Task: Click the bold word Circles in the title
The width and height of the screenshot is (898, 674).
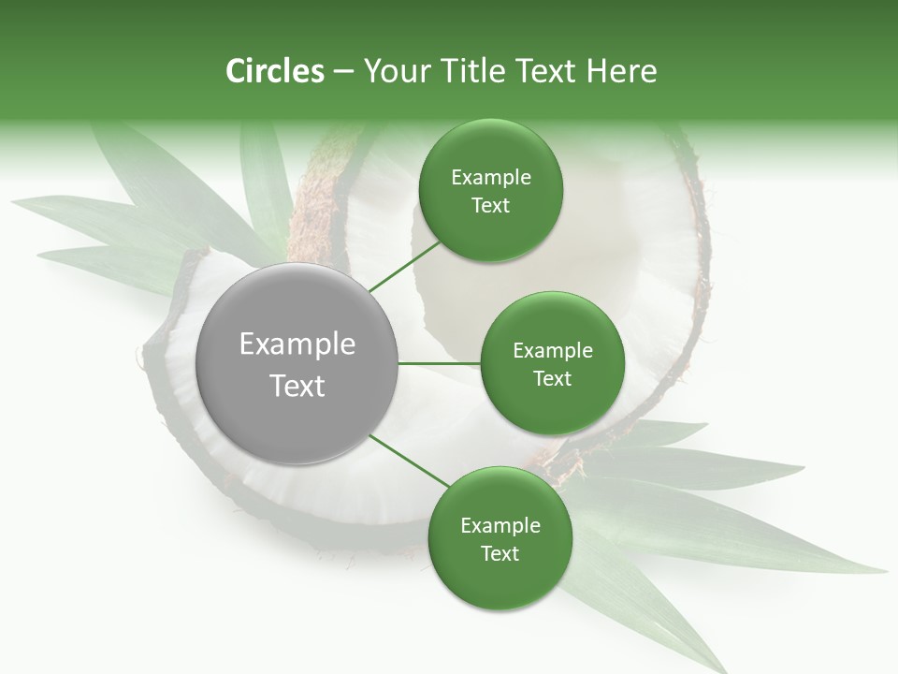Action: click(274, 71)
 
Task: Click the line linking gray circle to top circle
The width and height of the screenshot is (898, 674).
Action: click(404, 266)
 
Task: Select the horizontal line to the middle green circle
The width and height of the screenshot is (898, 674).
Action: click(440, 363)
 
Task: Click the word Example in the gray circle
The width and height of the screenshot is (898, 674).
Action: click(297, 344)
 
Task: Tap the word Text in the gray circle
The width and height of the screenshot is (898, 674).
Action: click(297, 386)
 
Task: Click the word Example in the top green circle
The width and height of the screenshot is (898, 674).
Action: click(491, 178)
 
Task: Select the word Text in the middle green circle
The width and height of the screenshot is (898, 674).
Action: click(553, 378)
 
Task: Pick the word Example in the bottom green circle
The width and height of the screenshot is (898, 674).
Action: click(500, 526)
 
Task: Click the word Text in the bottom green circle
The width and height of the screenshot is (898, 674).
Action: click(500, 553)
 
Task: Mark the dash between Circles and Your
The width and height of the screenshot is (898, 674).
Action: click(343, 72)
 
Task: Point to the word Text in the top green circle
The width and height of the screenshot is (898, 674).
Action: click(490, 206)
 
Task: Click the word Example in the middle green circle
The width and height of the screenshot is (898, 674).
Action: click(553, 351)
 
